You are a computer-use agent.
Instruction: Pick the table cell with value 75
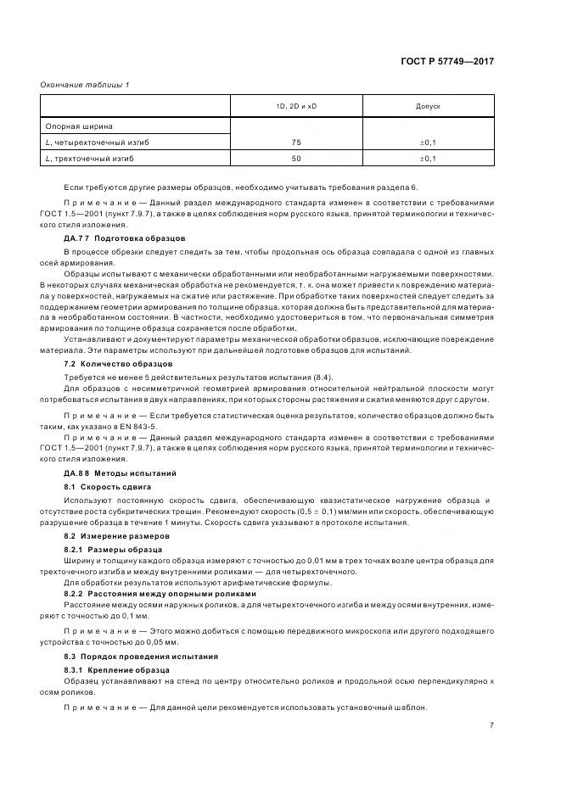[296, 142]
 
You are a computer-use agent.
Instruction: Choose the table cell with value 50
[296, 158]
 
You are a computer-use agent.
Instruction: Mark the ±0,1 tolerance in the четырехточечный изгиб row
[428, 142]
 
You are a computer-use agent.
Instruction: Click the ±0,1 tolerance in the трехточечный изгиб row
[428, 158]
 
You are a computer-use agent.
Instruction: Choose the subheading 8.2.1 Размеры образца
[113, 550]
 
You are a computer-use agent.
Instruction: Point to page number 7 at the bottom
[491, 724]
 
